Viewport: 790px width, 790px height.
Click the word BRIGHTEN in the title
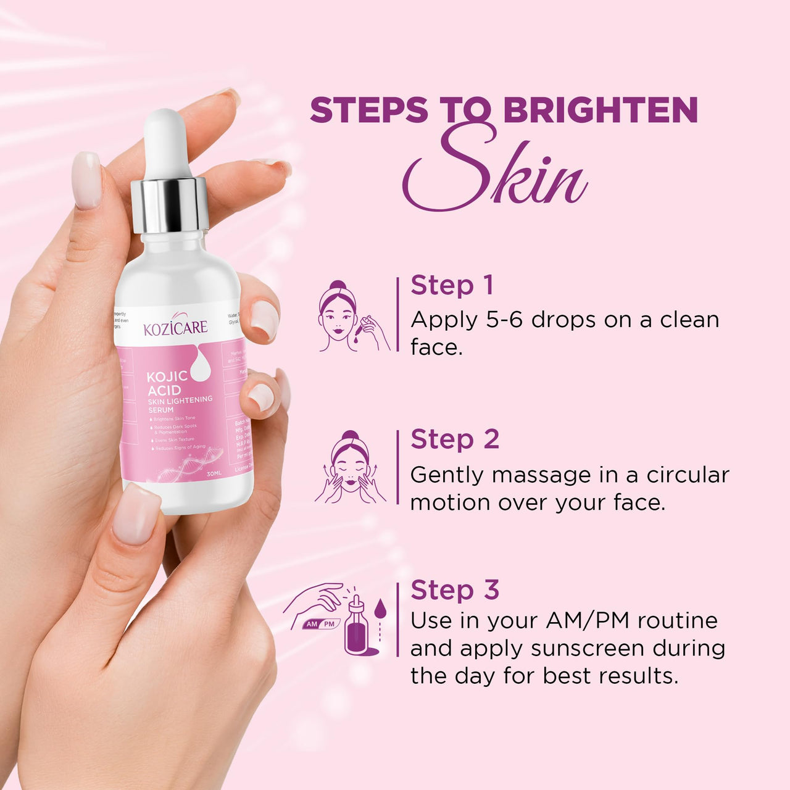(x=600, y=110)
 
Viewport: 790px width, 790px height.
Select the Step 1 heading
(x=452, y=285)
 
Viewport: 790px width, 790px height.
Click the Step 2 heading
(x=454, y=439)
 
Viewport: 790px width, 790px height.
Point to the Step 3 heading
(x=454, y=590)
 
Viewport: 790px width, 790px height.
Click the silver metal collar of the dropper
(x=169, y=204)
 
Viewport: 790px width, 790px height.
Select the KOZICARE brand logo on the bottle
(x=175, y=327)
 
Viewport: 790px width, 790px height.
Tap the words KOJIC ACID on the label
(x=165, y=383)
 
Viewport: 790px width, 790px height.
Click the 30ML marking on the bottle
(x=214, y=473)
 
